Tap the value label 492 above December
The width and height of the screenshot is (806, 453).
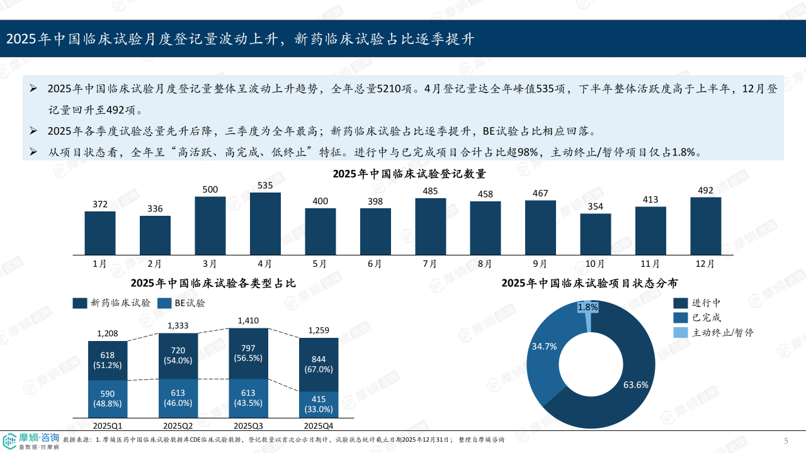[x=705, y=190]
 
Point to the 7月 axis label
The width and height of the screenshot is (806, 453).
[x=430, y=264]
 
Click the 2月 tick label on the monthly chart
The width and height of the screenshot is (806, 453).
[x=155, y=264]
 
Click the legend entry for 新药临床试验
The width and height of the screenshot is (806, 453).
[x=113, y=303]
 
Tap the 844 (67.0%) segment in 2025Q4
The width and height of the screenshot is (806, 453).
[x=319, y=364]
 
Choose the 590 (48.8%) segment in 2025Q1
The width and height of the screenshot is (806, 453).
[x=108, y=399]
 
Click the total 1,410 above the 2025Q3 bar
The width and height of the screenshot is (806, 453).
[x=248, y=321]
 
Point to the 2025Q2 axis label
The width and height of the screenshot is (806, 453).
[x=178, y=426]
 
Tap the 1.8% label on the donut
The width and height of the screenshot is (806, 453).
[x=587, y=307]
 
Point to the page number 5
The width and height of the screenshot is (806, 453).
[x=786, y=440]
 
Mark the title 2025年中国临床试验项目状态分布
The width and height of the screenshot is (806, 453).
[x=589, y=283]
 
